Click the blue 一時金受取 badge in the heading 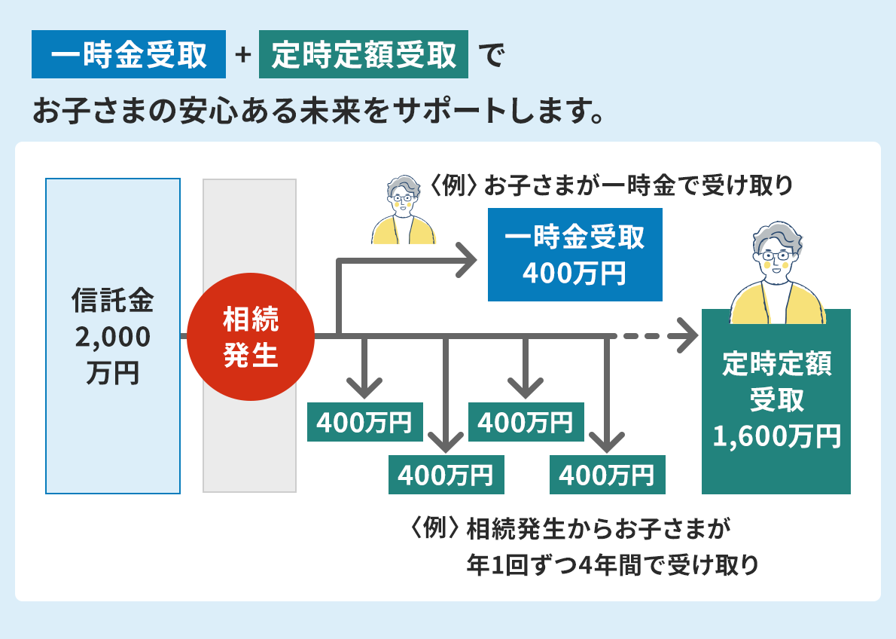129,54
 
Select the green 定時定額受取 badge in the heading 364,54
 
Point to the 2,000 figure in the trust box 113,338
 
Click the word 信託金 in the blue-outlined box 113,301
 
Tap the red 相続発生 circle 251,337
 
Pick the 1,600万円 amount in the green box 776,436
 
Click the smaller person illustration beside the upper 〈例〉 404,211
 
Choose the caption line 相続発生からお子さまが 599,529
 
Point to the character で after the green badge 490,56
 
